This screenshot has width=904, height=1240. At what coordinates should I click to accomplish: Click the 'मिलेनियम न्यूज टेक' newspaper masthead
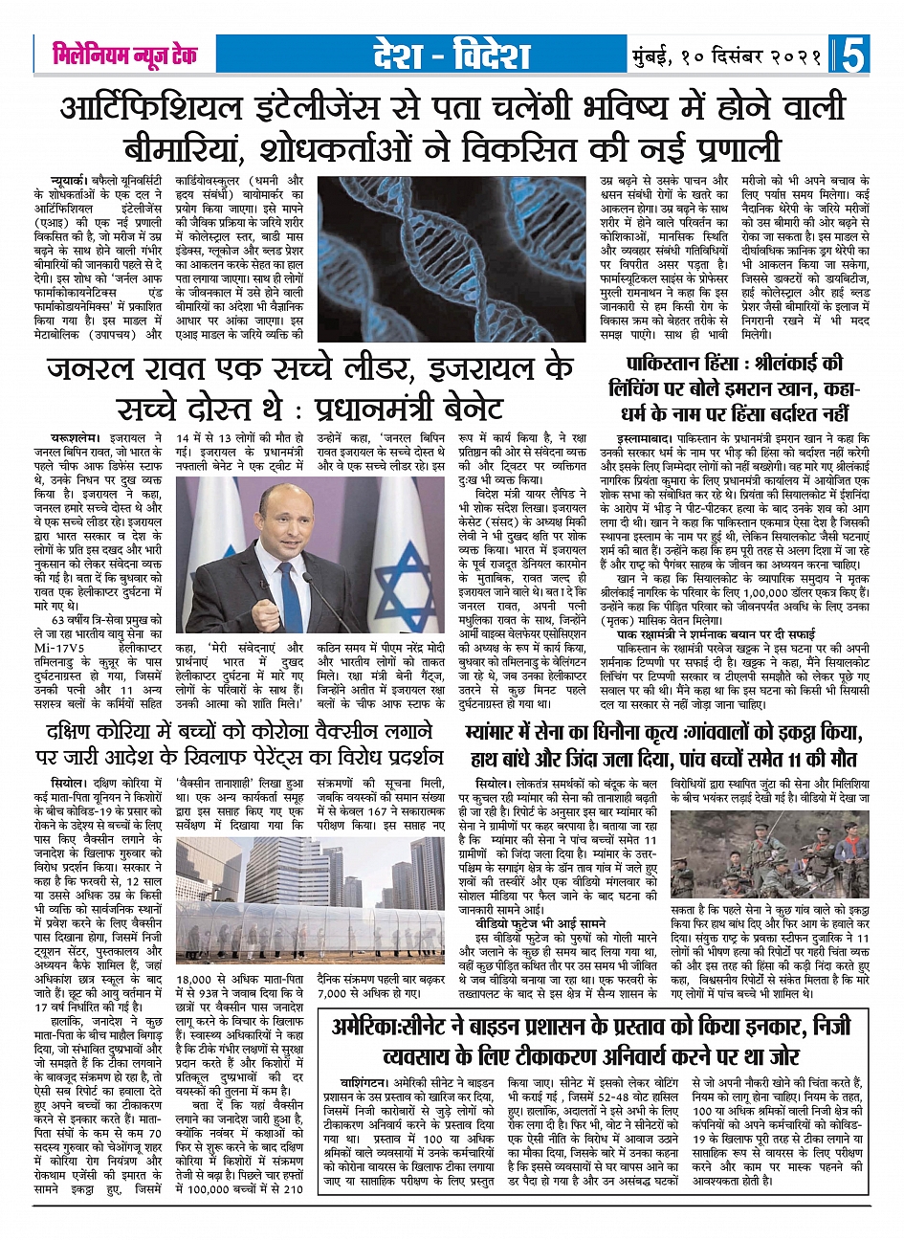point(124,55)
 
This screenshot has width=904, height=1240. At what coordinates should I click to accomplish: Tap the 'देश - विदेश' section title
point(452,55)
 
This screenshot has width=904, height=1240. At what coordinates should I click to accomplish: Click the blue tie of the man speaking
point(291,583)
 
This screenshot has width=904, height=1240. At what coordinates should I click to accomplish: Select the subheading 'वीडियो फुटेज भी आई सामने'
point(540,925)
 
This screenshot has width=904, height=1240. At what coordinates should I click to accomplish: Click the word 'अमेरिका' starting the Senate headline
point(377,1028)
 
